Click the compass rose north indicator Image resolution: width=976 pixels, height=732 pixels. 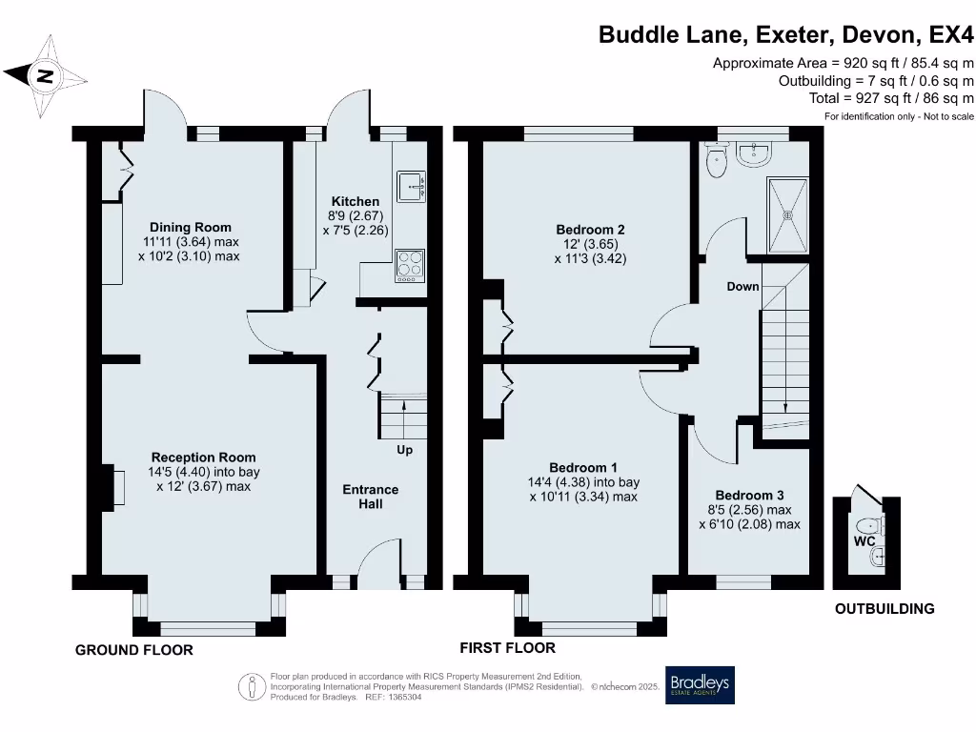[44, 75]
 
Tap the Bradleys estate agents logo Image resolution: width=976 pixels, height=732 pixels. [700, 684]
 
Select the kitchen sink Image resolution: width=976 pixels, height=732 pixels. [411, 187]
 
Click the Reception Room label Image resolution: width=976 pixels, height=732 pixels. [203, 457]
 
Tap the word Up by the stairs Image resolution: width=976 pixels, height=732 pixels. [404, 450]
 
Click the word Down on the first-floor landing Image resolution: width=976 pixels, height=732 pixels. [742, 287]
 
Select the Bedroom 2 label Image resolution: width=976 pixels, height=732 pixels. [590, 230]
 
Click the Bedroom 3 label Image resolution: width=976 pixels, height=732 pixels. [749, 496]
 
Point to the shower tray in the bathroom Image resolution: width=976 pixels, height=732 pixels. [787, 215]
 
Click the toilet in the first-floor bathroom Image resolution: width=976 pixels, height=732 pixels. [716, 161]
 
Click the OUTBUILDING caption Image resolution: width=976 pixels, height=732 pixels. [884, 609]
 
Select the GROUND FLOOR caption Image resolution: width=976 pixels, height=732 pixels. [134, 650]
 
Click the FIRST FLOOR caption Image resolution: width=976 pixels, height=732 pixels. [507, 648]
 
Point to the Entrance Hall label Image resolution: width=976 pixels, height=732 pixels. [371, 497]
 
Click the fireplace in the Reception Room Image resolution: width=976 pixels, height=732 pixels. [115, 487]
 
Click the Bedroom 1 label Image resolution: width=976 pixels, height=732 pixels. [583, 467]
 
